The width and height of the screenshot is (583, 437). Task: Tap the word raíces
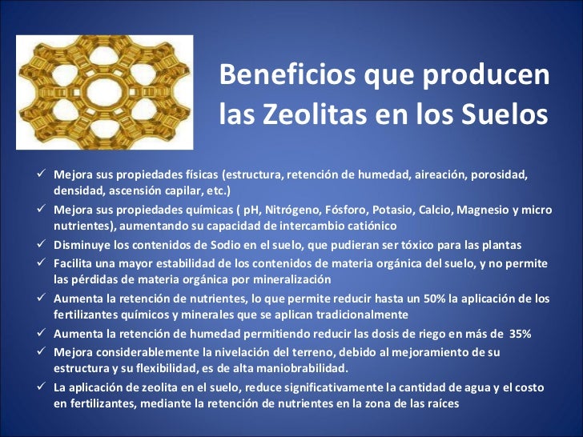440,404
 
